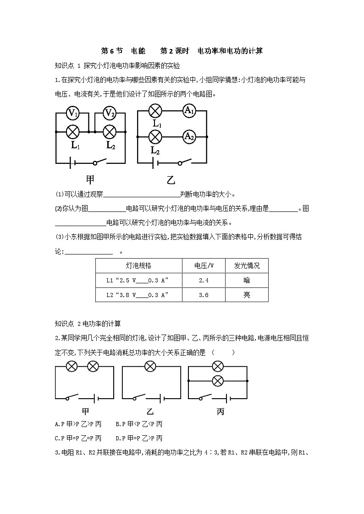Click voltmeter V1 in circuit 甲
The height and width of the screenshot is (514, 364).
click(x=72, y=113)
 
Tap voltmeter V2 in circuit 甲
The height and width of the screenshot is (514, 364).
click(x=109, y=113)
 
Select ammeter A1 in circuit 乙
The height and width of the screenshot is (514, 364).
click(x=189, y=110)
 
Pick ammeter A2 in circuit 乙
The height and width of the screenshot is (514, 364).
click(x=189, y=136)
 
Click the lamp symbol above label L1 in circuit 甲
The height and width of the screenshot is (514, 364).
click(x=72, y=132)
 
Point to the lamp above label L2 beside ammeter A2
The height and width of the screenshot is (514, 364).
click(x=155, y=136)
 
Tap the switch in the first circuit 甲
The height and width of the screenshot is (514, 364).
click(x=99, y=162)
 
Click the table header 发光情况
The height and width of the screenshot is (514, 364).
click(x=247, y=265)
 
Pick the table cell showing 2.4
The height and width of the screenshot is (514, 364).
click(x=204, y=280)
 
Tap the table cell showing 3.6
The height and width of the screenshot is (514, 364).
click(x=204, y=295)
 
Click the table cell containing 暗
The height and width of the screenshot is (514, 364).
click(x=247, y=280)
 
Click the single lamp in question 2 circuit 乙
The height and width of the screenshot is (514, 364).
click(x=150, y=366)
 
